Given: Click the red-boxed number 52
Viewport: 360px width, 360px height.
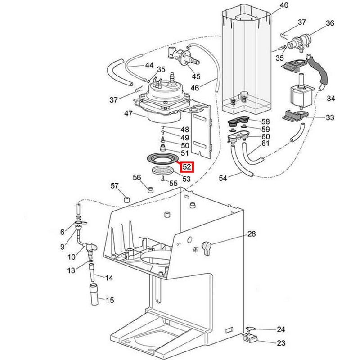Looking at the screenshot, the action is (x=187, y=166).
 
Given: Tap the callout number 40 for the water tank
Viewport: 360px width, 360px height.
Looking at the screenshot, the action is (x=284, y=5).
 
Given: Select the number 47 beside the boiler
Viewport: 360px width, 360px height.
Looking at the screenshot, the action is (x=128, y=113).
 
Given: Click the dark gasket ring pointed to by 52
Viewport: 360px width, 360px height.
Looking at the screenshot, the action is (x=162, y=158).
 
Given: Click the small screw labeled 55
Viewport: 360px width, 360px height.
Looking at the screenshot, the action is (x=163, y=178).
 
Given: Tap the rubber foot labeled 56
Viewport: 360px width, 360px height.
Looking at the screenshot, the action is (x=150, y=190).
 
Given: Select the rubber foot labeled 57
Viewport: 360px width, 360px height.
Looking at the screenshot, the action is (x=127, y=199).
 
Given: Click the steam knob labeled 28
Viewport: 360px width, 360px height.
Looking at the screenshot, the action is (x=206, y=248).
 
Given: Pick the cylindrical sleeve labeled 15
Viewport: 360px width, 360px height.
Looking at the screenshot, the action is (x=94, y=294).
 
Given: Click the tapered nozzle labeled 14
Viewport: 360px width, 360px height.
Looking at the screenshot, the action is (x=92, y=272).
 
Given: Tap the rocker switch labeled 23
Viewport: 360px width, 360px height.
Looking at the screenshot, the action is (x=250, y=338).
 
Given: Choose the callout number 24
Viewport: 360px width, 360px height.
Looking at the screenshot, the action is (x=281, y=329).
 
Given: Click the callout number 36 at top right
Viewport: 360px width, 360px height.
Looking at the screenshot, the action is (x=330, y=23).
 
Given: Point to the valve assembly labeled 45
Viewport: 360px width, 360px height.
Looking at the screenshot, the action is (x=184, y=58).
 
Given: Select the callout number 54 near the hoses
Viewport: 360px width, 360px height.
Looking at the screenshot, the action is (x=223, y=178).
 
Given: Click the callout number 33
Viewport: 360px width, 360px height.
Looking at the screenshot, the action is (x=330, y=117).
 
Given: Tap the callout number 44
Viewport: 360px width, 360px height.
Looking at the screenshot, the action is (x=149, y=65).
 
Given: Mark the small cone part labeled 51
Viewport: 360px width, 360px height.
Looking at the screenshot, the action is (x=163, y=148).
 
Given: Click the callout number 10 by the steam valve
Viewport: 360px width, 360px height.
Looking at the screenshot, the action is (x=72, y=256).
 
